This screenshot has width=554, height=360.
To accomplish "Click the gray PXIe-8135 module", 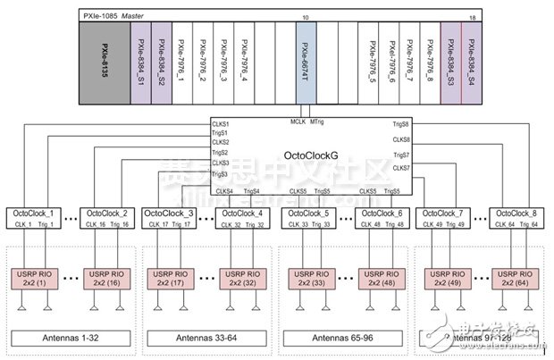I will (x=105, y=63).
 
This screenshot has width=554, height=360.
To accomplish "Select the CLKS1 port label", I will (x=220, y=122).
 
